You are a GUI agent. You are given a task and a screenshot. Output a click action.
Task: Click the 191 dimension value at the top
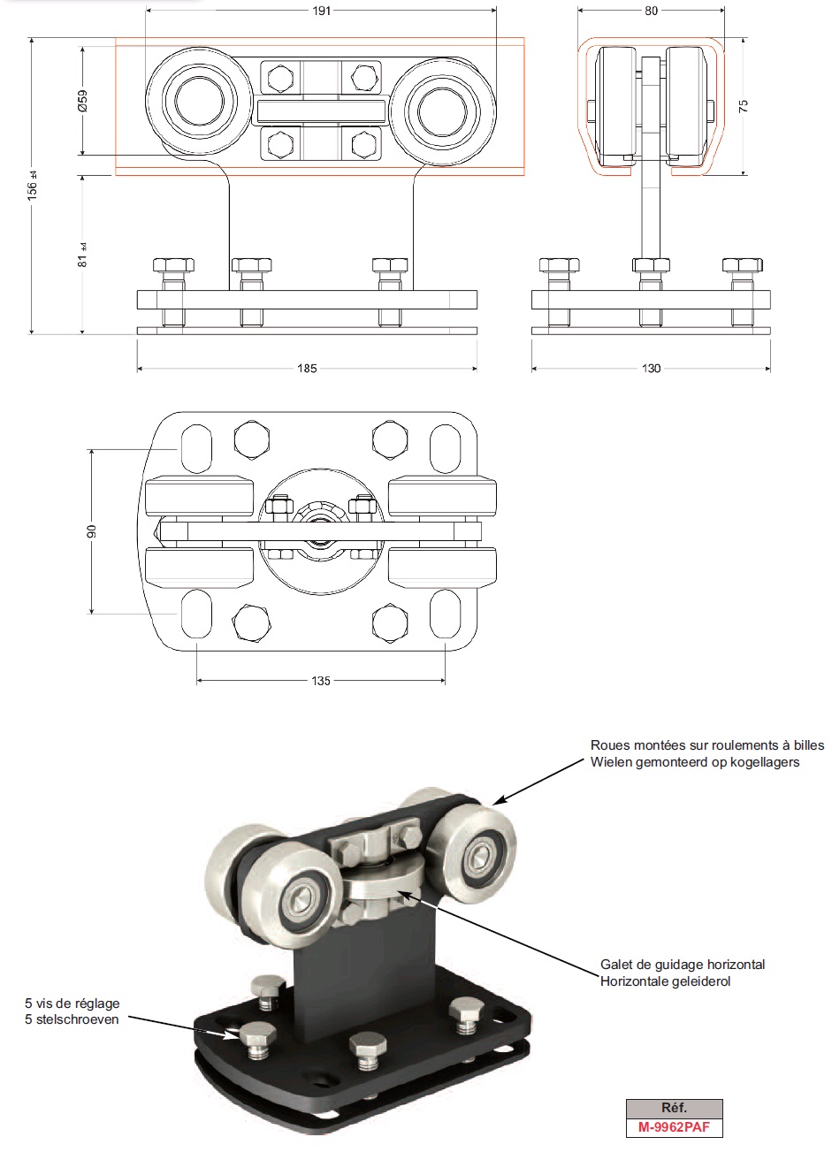pos(322,11)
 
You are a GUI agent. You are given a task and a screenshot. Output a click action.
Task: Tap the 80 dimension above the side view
pos(651,11)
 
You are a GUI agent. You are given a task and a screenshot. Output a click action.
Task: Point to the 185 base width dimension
pos(307,368)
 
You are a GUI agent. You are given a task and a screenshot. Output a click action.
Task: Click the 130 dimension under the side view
pos(651,368)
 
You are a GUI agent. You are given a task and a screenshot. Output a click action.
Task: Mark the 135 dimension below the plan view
pos(321,681)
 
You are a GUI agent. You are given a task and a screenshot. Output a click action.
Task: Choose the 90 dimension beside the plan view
pos(92,530)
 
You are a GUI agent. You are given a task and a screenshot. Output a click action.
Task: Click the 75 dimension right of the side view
pos(744,105)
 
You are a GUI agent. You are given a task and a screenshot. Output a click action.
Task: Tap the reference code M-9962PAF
pos(674,1128)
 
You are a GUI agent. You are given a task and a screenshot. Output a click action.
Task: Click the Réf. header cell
pos(674,1108)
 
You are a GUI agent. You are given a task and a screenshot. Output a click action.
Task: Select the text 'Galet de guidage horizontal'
pos(682,964)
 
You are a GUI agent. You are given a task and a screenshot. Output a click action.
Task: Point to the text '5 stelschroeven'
pos(72,1019)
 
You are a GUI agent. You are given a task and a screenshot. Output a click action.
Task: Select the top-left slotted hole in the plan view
pos(196,448)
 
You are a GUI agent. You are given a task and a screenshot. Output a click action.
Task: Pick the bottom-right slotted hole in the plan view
pos(444,614)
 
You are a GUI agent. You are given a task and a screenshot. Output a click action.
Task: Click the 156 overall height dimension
pos(33,186)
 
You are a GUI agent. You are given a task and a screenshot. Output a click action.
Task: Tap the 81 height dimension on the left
pos(83,255)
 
